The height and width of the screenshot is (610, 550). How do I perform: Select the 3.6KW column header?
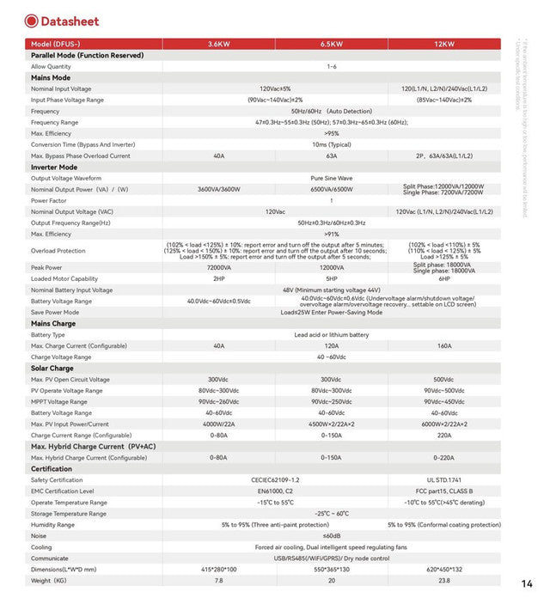(x=218, y=44)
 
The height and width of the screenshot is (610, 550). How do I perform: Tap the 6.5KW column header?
(x=332, y=44)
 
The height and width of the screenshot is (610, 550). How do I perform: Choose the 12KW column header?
(x=443, y=44)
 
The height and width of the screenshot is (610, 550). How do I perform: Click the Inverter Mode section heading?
(x=54, y=167)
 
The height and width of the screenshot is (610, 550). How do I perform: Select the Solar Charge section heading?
(x=53, y=368)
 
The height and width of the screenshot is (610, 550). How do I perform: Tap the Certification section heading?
(x=52, y=468)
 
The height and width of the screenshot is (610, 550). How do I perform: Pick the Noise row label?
(x=40, y=535)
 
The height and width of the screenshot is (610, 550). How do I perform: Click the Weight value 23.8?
(x=443, y=580)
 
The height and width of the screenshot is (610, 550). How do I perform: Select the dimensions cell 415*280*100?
(x=218, y=569)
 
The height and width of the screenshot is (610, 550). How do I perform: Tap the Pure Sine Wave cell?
(x=332, y=178)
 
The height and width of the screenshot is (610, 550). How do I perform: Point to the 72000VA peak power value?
(x=218, y=267)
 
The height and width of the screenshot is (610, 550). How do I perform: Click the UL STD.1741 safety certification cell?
(x=443, y=479)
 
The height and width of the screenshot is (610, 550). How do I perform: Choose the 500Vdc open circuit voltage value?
(x=443, y=379)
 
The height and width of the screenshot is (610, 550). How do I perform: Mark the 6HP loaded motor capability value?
(x=443, y=278)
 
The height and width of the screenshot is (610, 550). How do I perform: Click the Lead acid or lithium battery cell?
(x=332, y=334)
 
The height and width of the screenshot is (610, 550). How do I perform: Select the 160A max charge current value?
(x=443, y=345)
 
